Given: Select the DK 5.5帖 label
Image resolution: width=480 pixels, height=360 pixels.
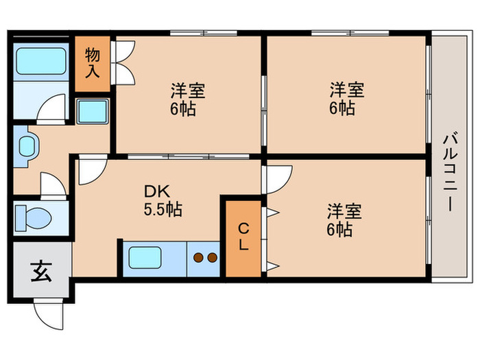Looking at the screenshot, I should [x=162, y=200].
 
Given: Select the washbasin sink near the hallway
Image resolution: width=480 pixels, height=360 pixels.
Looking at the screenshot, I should [x=28, y=146].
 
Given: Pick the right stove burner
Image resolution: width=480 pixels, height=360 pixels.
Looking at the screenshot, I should [x=211, y=259].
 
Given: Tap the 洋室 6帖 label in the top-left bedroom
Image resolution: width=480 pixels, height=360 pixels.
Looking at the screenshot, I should [x=187, y=99].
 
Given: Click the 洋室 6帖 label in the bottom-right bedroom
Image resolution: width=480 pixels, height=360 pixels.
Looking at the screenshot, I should [x=343, y=219].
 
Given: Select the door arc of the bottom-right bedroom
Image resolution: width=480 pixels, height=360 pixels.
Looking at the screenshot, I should [x=278, y=177].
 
